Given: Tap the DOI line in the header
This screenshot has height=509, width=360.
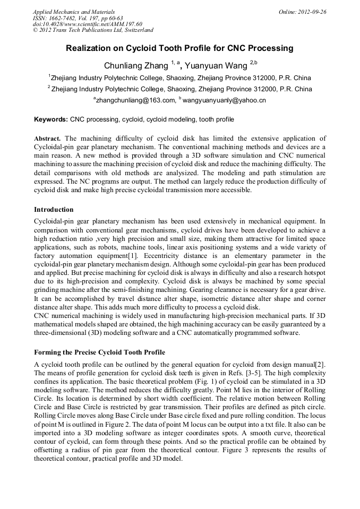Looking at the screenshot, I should click(87, 24).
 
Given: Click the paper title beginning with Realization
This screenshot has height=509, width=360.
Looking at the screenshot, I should click(179, 48).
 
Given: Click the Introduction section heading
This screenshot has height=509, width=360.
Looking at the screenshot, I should click(54, 210).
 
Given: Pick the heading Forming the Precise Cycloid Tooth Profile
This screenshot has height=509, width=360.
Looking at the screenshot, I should click(99, 352).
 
